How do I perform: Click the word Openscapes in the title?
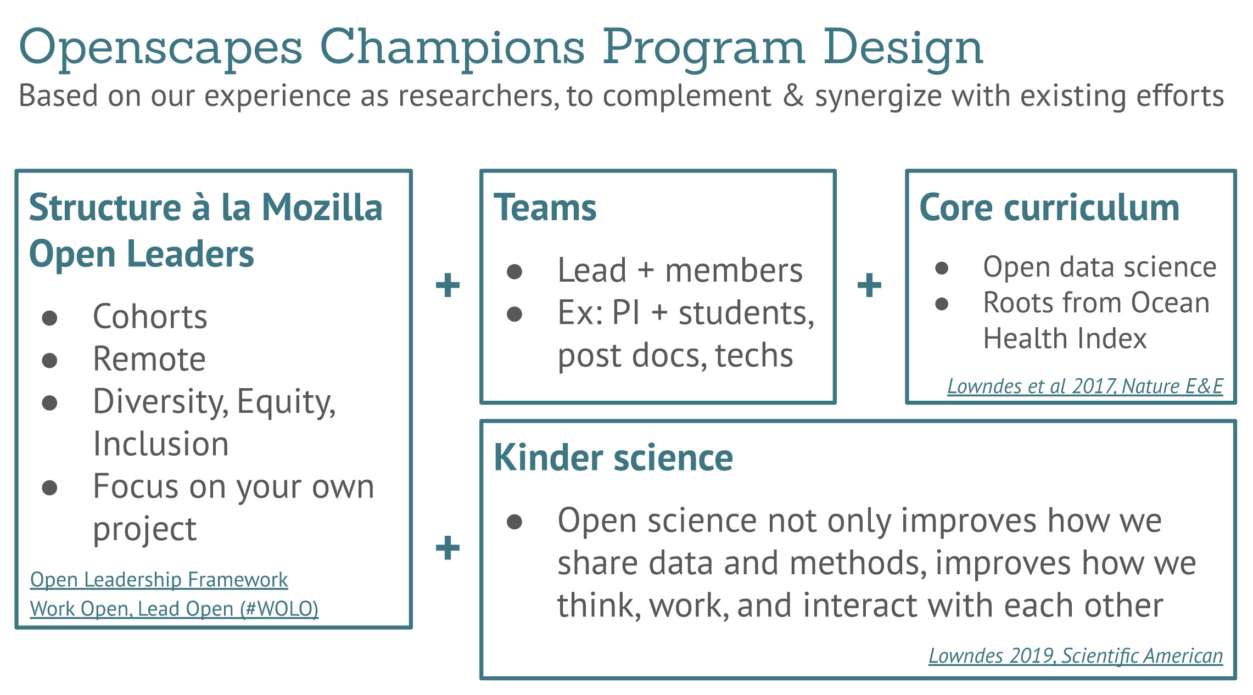pos(160,48)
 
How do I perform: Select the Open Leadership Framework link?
pos(159,580)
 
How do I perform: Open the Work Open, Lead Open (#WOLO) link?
pos(174,609)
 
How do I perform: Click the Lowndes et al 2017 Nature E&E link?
pos(1085,386)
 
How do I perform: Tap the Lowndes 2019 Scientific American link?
pos(1076,655)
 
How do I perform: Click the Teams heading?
pos(545,208)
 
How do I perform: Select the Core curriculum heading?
pos(1049,208)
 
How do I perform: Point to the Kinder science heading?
pos(613,457)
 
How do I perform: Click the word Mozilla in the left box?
pos(322,208)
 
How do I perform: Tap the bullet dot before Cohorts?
pos(50,318)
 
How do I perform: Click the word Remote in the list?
pos(149,359)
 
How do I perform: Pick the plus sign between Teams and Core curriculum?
pos(869,285)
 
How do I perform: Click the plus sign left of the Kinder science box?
pos(448,547)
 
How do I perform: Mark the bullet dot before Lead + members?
pos(514,271)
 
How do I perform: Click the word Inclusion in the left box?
pos(161,444)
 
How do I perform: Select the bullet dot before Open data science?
pos(942,268)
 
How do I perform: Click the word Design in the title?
pos(903,48)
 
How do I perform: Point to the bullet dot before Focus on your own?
pos(50,487)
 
